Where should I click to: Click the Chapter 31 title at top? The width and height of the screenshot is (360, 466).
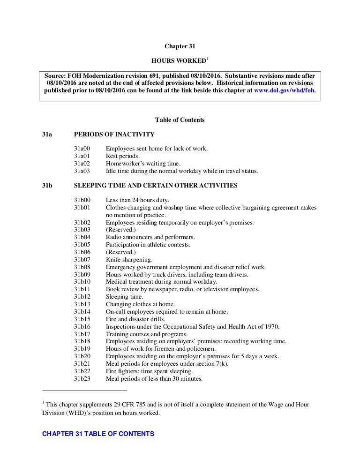[x=180, y=46]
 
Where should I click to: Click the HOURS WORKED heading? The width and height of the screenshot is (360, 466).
[x=178, y=61]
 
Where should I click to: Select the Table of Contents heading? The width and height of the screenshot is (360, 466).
[x=180, y=120]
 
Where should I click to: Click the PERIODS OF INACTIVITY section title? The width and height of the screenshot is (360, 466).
[x=114, y=135]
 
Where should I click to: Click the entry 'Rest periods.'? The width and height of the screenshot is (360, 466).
[x=123, y=156]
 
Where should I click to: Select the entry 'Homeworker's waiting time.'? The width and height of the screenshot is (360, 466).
[x=143, y=164]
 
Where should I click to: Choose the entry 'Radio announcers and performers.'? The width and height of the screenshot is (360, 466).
[x=150, y=237]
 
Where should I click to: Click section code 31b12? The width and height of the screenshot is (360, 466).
[x=82, y=297]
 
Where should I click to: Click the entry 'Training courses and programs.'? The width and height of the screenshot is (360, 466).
[x=147, y=334]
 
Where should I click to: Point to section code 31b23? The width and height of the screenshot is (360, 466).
[x=82, y=378]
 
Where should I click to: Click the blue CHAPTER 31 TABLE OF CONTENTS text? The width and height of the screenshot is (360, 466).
[x=98, y=434]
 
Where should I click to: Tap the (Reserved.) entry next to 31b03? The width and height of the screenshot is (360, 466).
[x=120, y=230]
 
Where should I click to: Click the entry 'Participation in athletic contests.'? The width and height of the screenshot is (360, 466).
[x=148, y=245]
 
